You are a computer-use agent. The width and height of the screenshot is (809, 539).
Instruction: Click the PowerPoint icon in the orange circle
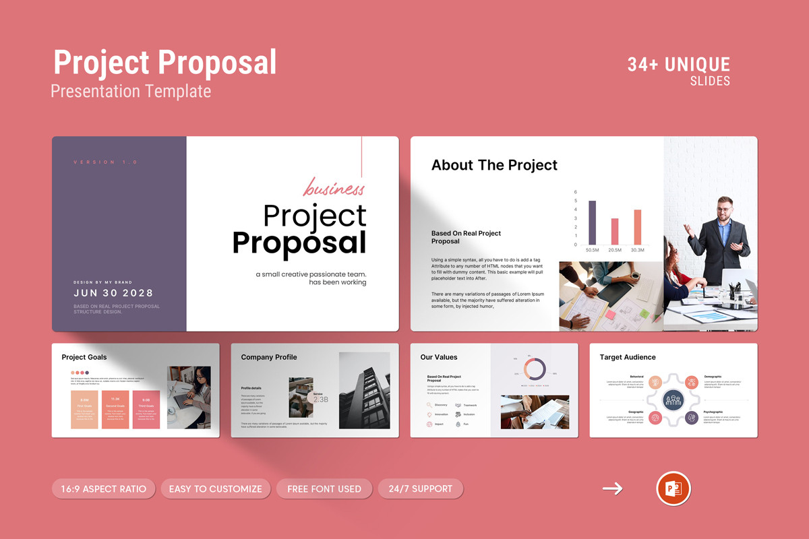pyautogui.click(x=673, y=488)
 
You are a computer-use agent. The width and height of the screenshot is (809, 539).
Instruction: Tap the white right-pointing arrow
pyautogui.click(x=612, y=488)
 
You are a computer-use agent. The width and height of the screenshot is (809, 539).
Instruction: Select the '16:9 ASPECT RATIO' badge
pyautogui.click(x=104, y=488)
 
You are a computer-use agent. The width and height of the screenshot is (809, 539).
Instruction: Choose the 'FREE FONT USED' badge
pyautogui.click(x=324, y=488)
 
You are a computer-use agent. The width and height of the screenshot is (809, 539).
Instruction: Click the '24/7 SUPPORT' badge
pyautogui.click(x=421, y=488)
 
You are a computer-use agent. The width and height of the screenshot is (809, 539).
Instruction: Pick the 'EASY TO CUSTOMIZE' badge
pyautogui.click(x=216, y=488)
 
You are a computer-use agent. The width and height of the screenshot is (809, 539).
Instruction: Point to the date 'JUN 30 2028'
pyautogui.click(x=113, y=293)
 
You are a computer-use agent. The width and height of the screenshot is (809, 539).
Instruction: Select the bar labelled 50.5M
pyautogui.click(x=592, y=222)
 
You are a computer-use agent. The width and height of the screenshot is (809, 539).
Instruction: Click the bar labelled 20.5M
pyautogui.click(x=615, y=231)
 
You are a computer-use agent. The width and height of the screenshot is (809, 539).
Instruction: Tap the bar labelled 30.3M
pyautogui.click(x=638, y=227)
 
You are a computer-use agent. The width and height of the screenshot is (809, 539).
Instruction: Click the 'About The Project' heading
pyautogui.click(x=494, y=165)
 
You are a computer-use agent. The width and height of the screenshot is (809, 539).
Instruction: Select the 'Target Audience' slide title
pyautogui.click(x=628, y=357)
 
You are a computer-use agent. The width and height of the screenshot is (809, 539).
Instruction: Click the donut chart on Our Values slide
pyautogui.click(x=534, y=369)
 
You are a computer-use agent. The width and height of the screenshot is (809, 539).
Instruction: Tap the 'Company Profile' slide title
pyautogui.click(x=269, y=357)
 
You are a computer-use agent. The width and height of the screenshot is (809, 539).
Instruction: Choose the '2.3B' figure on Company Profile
pyautogui.click(x=321, y=400)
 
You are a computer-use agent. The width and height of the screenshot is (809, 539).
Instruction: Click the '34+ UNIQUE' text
pyautogui.click(x=678, y=65)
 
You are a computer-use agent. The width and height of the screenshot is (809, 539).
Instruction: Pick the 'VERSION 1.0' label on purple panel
pyautogui.click(x=105, y=162)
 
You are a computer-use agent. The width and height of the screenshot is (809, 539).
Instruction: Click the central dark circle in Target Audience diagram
pyautogui.click(x=673, y=400)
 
